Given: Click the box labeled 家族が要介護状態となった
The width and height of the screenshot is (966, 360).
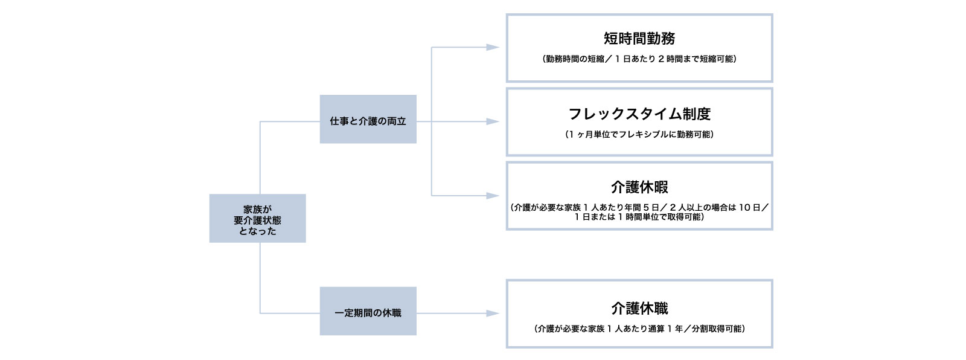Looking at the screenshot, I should tap(257, 218).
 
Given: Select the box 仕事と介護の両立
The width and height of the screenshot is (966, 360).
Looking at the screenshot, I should tap(368, 119).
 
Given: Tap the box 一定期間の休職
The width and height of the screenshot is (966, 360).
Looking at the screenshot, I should tap(368, 311).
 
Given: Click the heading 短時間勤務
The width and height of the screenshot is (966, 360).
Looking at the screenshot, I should tap(639, 39).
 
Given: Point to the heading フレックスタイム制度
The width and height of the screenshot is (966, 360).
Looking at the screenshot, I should tap(639, 114).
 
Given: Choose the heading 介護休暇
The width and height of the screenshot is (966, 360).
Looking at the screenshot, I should tap(639, 187).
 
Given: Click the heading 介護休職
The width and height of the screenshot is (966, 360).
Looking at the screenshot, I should tap(639, 308).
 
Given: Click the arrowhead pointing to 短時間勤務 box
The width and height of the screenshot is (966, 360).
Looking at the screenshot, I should tap(493, 47).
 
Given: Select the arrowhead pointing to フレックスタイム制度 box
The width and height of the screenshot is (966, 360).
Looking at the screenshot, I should tap(493, 121).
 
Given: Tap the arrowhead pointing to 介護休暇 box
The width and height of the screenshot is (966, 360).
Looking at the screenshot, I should tap(493, 196).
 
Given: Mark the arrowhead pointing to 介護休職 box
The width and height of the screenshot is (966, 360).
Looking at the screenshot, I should tap(493, 313).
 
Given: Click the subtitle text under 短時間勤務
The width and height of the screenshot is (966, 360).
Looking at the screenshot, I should tap(639, 59).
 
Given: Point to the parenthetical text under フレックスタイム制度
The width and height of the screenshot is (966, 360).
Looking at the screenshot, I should tap(639, 134).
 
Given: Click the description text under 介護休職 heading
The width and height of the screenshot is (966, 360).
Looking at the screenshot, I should tap(639, 329).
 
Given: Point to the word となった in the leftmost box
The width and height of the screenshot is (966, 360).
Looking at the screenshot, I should tap(257, 231).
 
